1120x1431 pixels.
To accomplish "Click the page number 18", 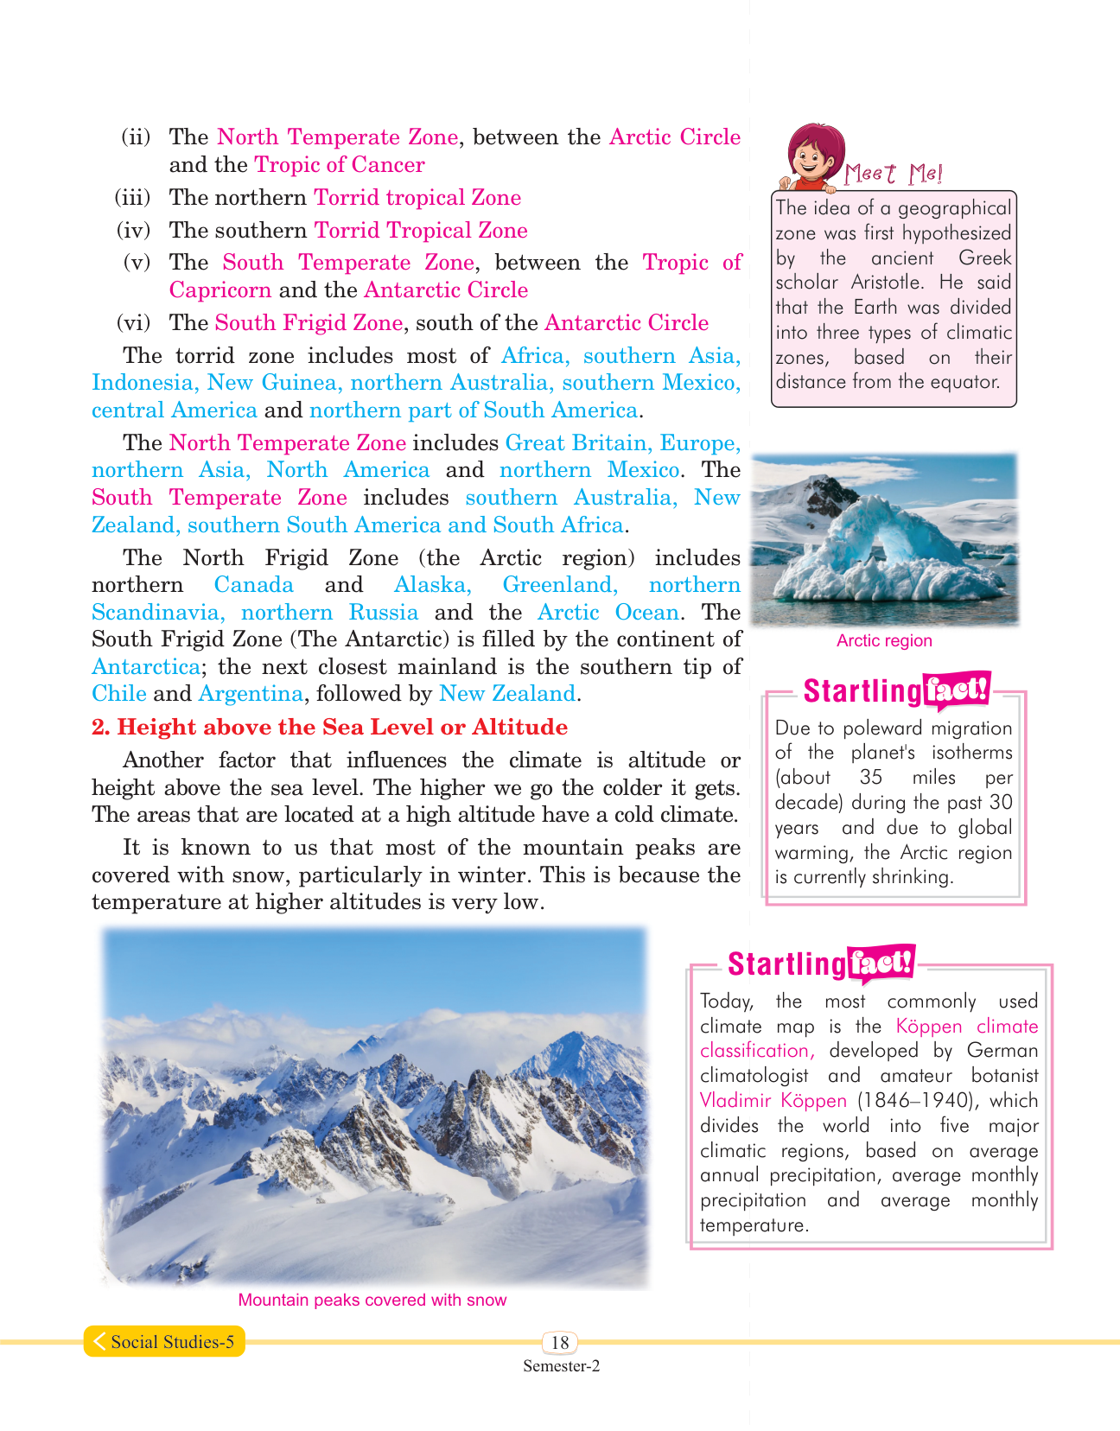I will coord(560,1342).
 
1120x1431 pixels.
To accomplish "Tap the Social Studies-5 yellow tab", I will coord(164,1341).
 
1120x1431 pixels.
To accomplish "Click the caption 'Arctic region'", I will coord(884,640).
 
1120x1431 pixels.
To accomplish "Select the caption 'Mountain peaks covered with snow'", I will coord(372,1300).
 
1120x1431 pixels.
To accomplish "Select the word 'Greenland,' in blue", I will coord(560,585).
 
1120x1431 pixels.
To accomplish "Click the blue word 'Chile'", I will coord(119,694).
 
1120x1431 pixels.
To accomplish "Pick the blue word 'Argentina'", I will coord(251,694).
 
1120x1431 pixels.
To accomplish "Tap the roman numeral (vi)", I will coord(133,323).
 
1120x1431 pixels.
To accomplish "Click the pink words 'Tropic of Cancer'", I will coord(340,165).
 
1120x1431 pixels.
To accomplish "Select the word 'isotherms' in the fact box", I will coord(971,753).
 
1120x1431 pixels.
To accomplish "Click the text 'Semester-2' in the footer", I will coord(561,1366).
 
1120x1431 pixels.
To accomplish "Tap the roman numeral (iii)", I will coord(133,198).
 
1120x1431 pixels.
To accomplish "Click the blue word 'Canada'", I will coord(253,585).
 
